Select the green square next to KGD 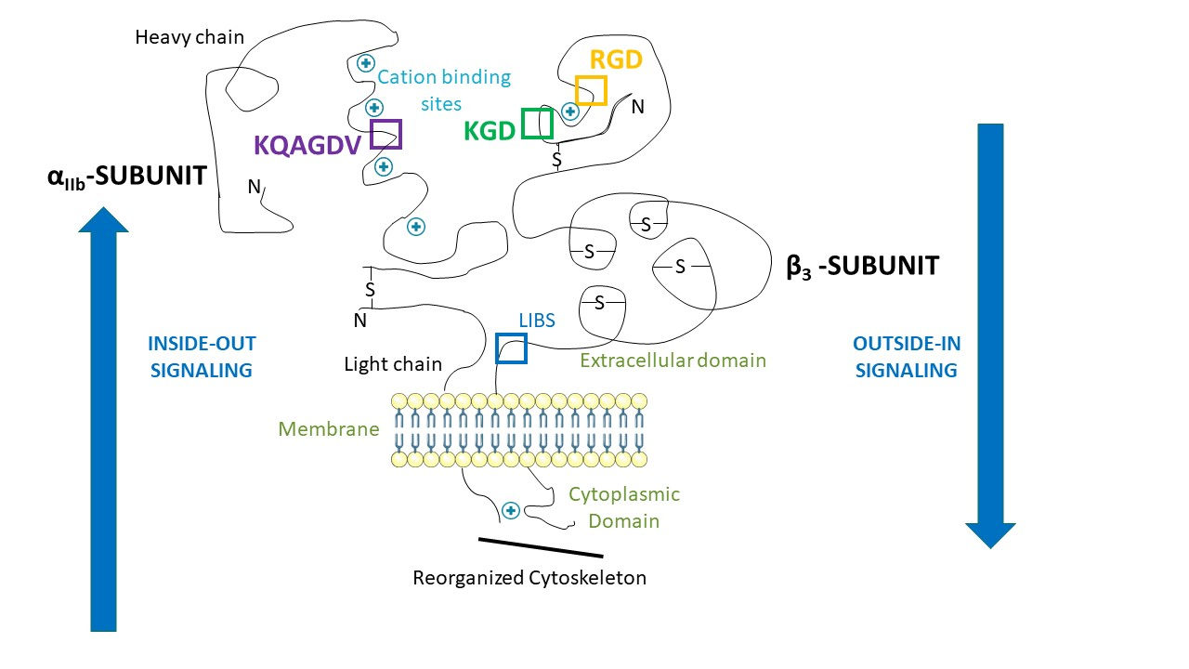(x=523, y=124)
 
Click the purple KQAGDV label (x=307, y=145)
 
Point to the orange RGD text (x=616, y=59)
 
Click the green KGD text (x=490, y=131)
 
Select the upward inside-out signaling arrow (x=103, y=419)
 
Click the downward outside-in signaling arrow (x=990, y=336)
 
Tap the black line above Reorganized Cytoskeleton (x=541, y=548)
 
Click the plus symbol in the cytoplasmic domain (x=511, y=511)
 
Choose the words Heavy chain (x=189, y=37)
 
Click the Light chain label (x=393, y=364)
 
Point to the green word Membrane (x=329, y=429)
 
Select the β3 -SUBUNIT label (x=863, y=267)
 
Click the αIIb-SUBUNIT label (x=127, y=177)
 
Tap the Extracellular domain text (x=673, y=361)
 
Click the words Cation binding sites (x=444, y=90)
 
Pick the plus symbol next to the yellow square (x=570, y=111)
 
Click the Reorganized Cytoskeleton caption (x=529, y=578)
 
